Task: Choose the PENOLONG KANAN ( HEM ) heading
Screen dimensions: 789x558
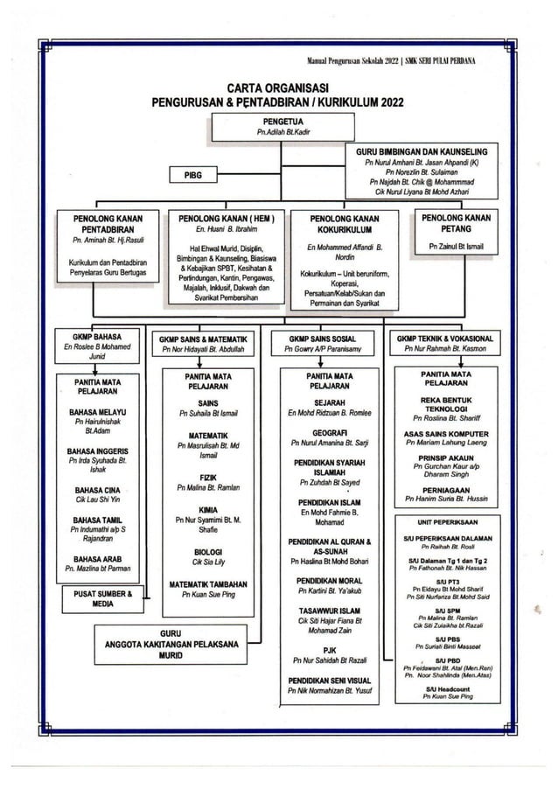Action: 227,217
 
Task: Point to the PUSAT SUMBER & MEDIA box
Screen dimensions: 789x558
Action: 102,598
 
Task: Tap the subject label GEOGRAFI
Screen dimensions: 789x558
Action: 324,431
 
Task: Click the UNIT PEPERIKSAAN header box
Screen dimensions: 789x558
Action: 445,519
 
